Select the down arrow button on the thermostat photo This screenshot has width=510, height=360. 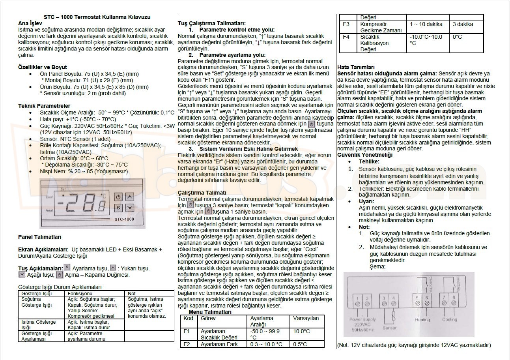coord(130,208)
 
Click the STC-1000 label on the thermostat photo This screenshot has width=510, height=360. coord(124,219)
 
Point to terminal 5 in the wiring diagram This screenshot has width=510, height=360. coord(417,302)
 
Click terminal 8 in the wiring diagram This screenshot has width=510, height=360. coord(454,302)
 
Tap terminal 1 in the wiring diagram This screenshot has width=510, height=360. coord(357,302)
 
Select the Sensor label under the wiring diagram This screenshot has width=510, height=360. coord(389,328)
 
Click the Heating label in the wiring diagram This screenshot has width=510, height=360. coord(422,320)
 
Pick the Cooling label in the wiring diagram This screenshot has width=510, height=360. coord(449,320)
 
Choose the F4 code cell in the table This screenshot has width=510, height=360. coord(346,37)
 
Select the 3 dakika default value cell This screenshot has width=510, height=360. coord(463,24)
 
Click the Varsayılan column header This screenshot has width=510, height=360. coord(306,318)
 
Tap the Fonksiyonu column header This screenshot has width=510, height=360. coord(80,293)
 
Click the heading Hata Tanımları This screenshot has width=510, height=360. coord(356,67)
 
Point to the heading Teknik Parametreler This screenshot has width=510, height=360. coord(44,106)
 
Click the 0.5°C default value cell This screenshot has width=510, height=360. coord(300,344)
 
